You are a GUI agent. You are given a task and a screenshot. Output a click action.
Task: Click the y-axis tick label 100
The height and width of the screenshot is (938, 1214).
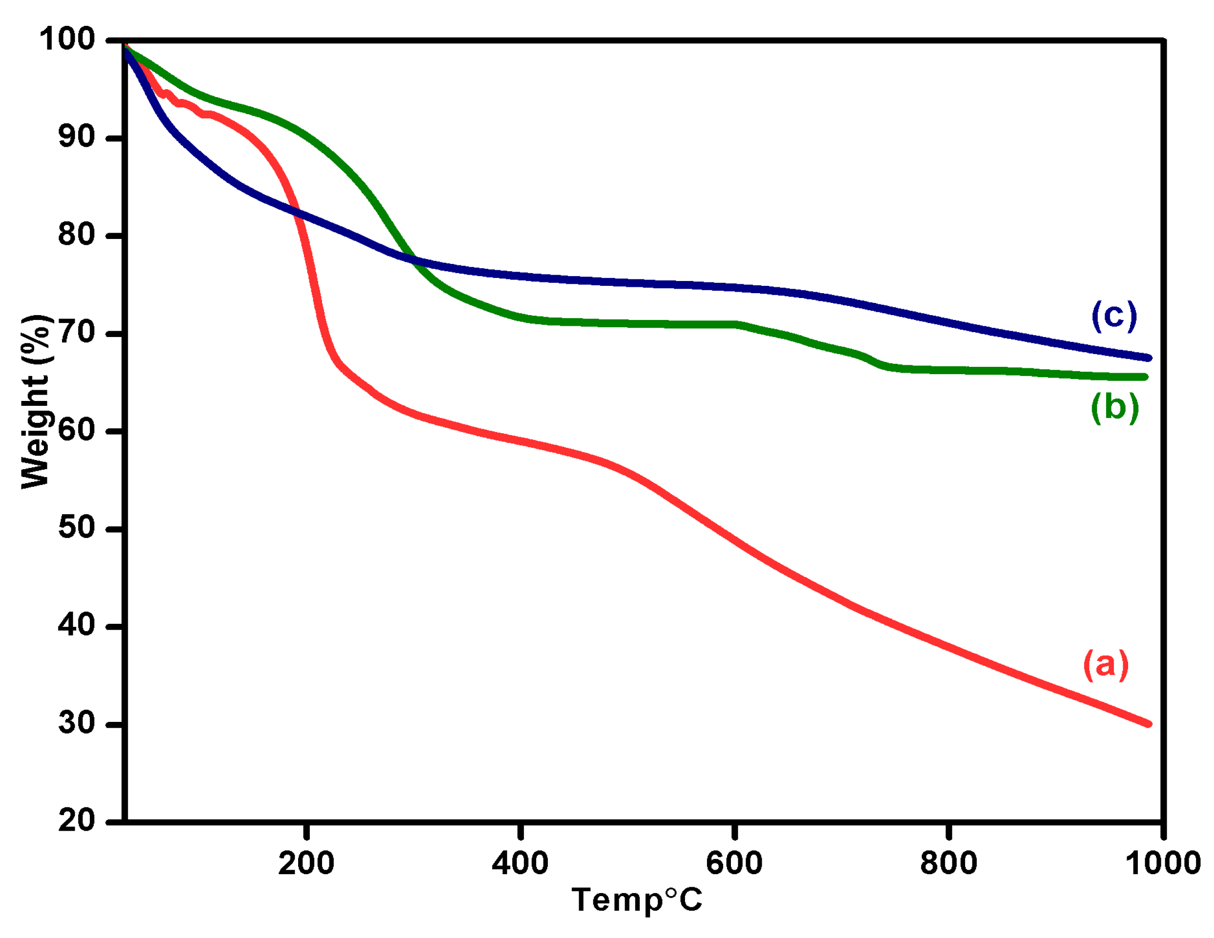[x=67, y=40]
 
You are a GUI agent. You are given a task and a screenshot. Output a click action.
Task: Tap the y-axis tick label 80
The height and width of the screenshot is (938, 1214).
[x=77, y=235]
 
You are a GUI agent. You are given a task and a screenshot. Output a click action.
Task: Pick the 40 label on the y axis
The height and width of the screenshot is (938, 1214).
[x=77, y=625]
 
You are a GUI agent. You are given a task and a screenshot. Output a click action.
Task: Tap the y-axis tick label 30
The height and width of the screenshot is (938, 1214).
[x=77, y=723]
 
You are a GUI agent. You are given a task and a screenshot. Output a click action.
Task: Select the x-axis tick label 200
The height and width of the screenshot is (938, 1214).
[x=306, y=863]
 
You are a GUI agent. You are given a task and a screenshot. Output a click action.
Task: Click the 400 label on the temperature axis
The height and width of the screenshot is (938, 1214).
[x=520, y=863]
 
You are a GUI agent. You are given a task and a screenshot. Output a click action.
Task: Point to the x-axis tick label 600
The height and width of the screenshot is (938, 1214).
[x=734, y=863]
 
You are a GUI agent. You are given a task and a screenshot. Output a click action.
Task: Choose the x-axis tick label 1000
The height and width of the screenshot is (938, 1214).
[x=1163, y=863]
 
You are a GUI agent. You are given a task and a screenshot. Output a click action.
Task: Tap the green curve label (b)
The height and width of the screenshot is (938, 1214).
[x=1114, y=407]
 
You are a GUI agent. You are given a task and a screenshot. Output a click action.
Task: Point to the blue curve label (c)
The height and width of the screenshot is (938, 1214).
[x=1114, y=316]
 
